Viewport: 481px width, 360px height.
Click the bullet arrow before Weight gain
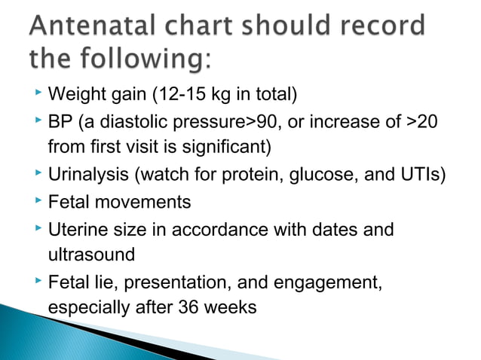point(38,94)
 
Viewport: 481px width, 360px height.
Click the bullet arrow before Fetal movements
point(38,201)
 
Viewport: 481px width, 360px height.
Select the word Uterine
point(76,229)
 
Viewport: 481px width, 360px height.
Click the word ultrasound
point(90,255)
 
